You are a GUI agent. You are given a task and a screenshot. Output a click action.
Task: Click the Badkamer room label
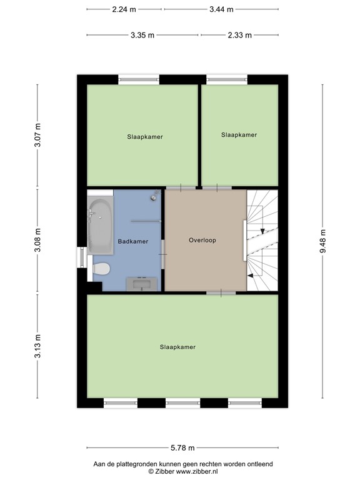(133, 241)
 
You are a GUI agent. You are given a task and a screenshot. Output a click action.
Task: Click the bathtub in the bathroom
(100, 226)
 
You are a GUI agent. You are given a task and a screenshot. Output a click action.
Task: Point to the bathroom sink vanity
(142, 284)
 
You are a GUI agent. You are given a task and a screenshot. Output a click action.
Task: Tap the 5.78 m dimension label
(182, 447)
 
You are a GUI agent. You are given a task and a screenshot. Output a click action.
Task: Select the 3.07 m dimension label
(37, 136)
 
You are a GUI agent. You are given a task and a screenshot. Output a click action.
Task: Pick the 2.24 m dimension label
(124, 9)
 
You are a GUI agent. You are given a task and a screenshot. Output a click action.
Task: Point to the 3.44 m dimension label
(221, 9)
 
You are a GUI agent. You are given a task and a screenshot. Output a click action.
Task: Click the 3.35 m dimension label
(142, 35)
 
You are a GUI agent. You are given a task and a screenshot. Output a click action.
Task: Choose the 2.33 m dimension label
(240, 35)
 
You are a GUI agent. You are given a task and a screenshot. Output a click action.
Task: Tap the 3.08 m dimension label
(37, 241)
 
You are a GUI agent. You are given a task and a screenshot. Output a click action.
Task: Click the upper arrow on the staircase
(261, 231)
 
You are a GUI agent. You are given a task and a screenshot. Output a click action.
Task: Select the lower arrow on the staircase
(252, 274)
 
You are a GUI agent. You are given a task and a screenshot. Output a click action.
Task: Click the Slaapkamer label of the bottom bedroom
(177, 347)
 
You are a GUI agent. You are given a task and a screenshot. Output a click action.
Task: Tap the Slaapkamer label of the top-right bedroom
(239, 134)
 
